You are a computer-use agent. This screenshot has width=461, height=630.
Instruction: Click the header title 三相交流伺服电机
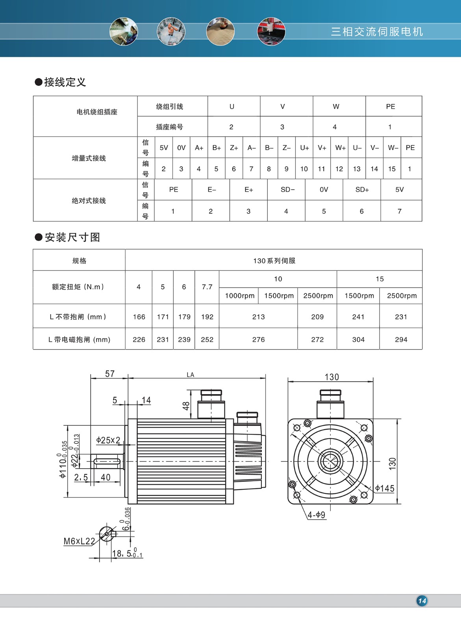coord(377,31)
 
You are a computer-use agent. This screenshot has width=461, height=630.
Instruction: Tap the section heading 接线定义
coord(65,82)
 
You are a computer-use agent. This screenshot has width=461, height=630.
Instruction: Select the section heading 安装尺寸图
coord(72,237)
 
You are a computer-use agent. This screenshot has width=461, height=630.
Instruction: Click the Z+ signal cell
coord(234,148)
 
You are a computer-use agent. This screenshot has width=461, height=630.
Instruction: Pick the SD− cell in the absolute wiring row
coord(287,190)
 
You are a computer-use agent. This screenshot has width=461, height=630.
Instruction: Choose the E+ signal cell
coord(249,190)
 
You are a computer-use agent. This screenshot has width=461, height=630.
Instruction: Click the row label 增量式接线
coord(89,158)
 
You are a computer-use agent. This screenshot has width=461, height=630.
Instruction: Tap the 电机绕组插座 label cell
coord(97,112)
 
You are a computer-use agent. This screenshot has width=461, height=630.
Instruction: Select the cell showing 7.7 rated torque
coord(207,287)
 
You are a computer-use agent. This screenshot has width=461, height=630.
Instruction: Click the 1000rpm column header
coord(239,296)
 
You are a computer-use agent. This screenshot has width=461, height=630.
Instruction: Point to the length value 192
coord(207,317)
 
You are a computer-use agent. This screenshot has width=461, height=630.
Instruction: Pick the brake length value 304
coord(358,339)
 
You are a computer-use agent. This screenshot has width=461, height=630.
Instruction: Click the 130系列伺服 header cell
coord(274,261)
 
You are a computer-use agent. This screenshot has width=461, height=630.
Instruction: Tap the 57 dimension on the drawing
coord(110,374)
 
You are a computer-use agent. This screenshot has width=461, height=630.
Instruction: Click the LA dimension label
coord(191,375)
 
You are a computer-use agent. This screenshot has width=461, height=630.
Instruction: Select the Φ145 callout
coord(385,489)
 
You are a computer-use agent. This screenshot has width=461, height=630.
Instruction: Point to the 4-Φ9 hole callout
coord(317,515)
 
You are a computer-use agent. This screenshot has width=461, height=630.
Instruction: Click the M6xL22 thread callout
coord(79,541)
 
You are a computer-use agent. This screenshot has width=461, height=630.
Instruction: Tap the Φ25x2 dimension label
coord(108,440)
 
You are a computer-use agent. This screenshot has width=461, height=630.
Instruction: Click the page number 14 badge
coord(422,601)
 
